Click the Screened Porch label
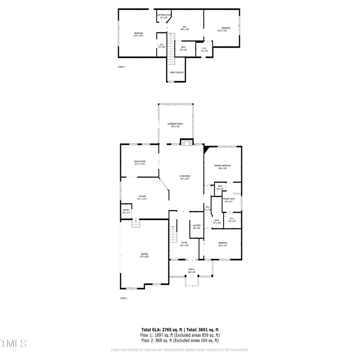[175, 124]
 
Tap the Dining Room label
[139, 162]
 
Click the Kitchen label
[142, 197]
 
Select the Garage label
[144, 255]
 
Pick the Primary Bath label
[229, 199]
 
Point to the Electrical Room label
[163, 16]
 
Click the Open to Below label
[176, 72]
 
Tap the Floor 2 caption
[121, 67]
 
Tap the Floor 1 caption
[124, 298]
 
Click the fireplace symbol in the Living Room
[186, 142]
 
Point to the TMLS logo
[13, 344]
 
